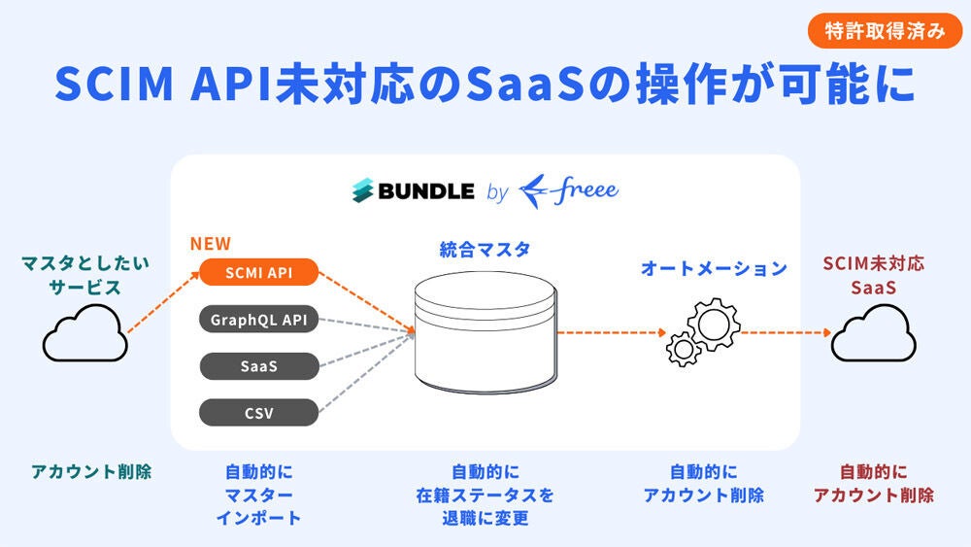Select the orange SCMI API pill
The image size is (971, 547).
click(259, 273)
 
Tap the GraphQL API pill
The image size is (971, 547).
click(259, 319)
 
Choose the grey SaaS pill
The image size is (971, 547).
click(259, 365)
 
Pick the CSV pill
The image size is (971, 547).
click(259, 412)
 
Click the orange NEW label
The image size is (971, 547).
click(211, 244)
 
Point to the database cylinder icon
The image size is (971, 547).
click(485, 330)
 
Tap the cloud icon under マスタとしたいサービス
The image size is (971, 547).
click(85, 335)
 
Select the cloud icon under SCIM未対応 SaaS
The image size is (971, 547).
click(873, 336)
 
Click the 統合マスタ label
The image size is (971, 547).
click(485, 250)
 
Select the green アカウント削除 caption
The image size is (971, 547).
click(91, 472)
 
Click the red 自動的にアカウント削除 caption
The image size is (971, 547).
click(873, 483)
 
